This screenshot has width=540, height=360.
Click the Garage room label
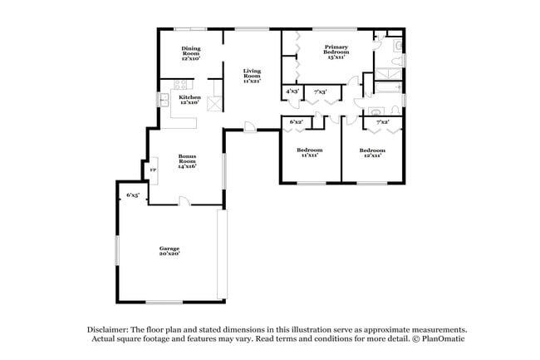169,250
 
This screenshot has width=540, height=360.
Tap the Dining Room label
191,54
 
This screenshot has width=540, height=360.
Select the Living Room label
253,76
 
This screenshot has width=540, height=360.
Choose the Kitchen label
190,99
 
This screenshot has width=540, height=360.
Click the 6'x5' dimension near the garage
132,195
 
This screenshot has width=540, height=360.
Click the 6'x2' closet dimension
296,122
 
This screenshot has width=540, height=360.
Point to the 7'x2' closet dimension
383,122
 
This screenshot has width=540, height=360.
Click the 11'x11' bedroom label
308,152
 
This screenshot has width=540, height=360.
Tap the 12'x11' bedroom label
371,152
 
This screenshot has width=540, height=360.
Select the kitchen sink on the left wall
164,99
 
